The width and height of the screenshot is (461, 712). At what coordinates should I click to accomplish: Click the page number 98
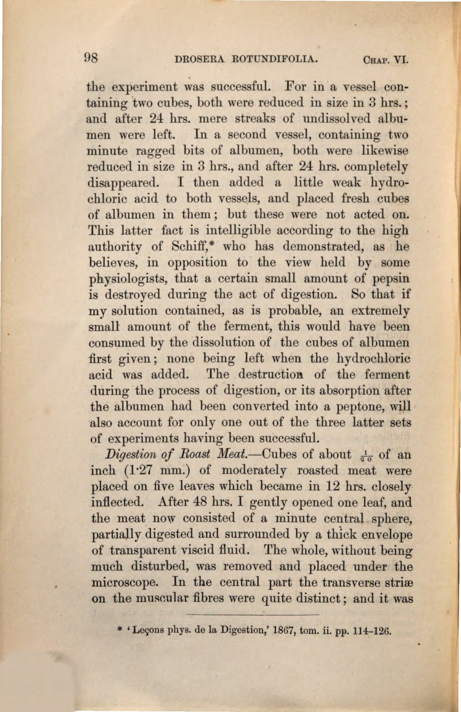click(x=92, y=59)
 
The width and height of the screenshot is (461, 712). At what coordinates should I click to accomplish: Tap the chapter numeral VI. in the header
click(x=401, y=60)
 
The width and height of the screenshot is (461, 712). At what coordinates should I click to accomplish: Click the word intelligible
click(x=238, y=230)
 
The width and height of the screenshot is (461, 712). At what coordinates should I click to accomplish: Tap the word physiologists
click(x=127, y=278)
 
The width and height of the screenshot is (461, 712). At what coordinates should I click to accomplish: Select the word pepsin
click(x=391, y=278)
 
